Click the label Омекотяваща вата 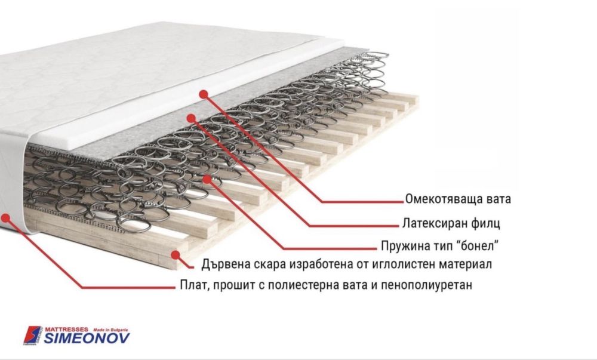[457, 198]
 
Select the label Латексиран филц [449, 224]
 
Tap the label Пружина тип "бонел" [440, 245]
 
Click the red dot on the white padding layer [203, 94]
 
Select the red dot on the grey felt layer [190, 118]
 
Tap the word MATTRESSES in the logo [66, 329]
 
